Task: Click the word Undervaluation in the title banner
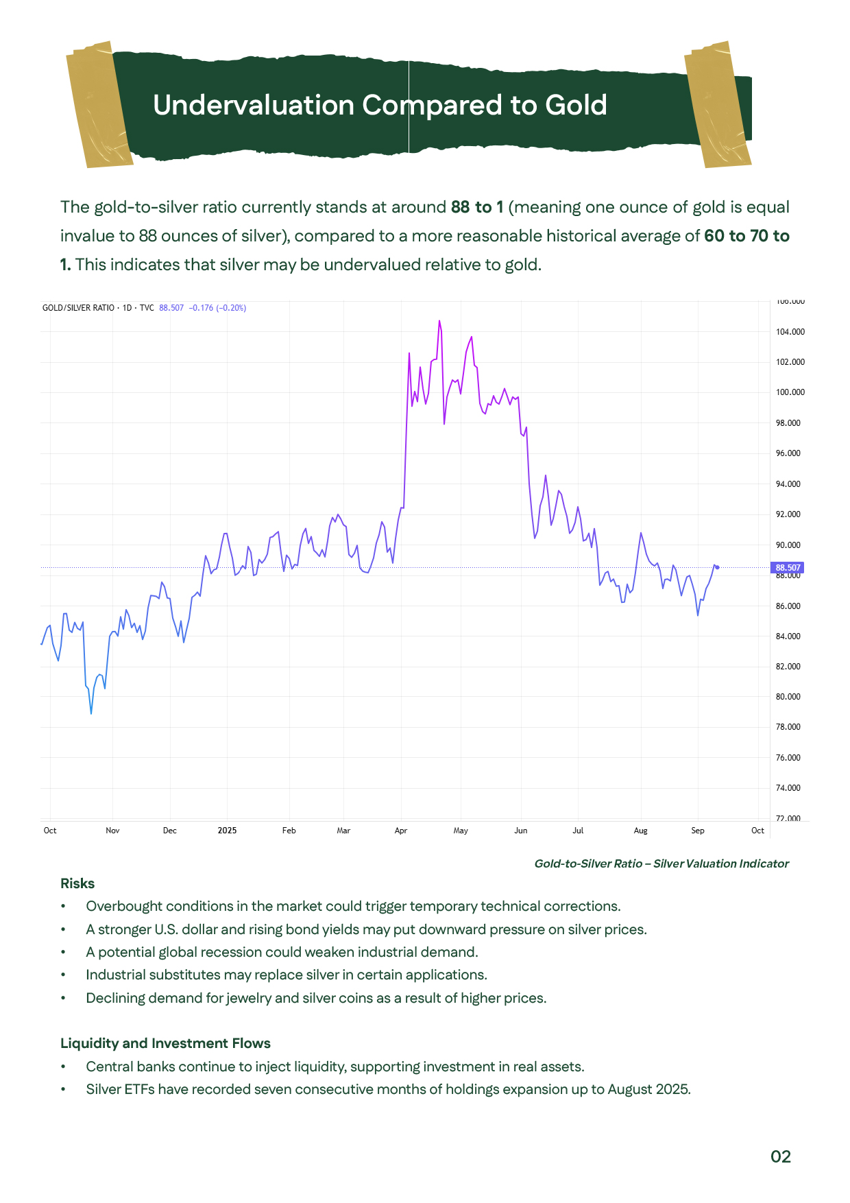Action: point(254,106)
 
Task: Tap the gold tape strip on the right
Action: point(718,104)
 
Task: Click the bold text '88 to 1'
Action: point(477,207)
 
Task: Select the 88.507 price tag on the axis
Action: point(788,568)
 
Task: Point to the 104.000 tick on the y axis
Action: point(790,332)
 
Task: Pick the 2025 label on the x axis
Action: point(227,831)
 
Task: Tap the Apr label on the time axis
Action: point(401,831)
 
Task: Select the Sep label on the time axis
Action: point(697,831)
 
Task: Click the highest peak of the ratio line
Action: point(439,321)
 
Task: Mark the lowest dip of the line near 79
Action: point(91,713)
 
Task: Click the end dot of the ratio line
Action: point(717,567)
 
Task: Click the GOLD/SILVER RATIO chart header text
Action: point(78,308)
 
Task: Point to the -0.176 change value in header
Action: point(201,308)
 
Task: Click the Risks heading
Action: point(77,883)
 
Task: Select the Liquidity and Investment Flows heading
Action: point(165,1043)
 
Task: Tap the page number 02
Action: point(780,1157)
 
